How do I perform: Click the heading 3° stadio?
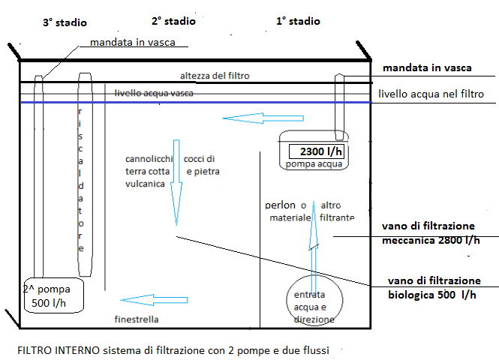point(64,22)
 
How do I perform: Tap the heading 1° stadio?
point(298,21)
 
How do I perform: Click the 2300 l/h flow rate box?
point(315,151)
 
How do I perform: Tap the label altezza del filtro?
point(215,76)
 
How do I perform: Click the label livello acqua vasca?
point(155,93)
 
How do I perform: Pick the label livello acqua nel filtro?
point(431,94)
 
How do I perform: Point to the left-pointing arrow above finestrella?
point(143,301)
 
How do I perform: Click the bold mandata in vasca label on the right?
point(427,68)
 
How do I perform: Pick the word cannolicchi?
point(150,159)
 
